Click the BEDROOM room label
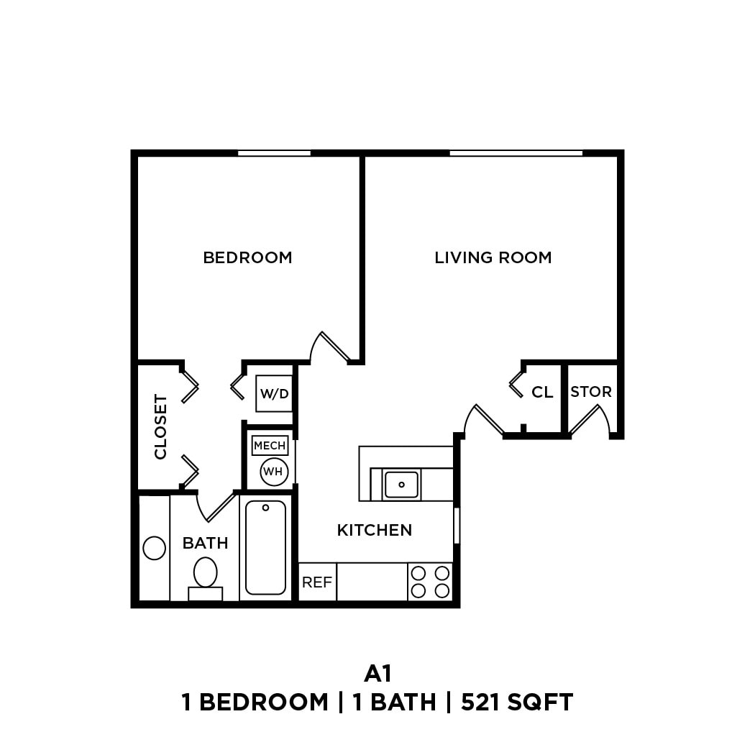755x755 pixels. click(x=247, y=257)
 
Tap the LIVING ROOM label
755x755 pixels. click(x=493, y=257)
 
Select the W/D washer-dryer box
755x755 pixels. click(x=274, y=393)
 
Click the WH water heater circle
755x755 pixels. click(x=273, y=472)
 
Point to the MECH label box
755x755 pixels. click(x=270, y=446)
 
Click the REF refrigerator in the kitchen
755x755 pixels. click(x=316, y=582)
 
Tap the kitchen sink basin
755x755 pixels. click(x=402, y=484)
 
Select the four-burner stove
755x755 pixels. click(x=430, y=582)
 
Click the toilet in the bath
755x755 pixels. click(x=206, y=573)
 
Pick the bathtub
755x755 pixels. click(x=265, y=547)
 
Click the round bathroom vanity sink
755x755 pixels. click(x=155, y=548)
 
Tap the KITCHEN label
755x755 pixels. click(x=375, y=531)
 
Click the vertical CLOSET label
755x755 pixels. click(x=160, y=426)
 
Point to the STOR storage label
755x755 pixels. click(x=591, y=392)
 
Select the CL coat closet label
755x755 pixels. click(x=542, y=393)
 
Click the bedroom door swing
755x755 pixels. click(x=331, y=349)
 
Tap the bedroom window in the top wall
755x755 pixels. click(x=274, y=153)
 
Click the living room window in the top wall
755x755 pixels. click(x=516, y=153)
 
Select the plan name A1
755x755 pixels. click(x=377, y=673)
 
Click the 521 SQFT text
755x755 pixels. click(x=518, y=703)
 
